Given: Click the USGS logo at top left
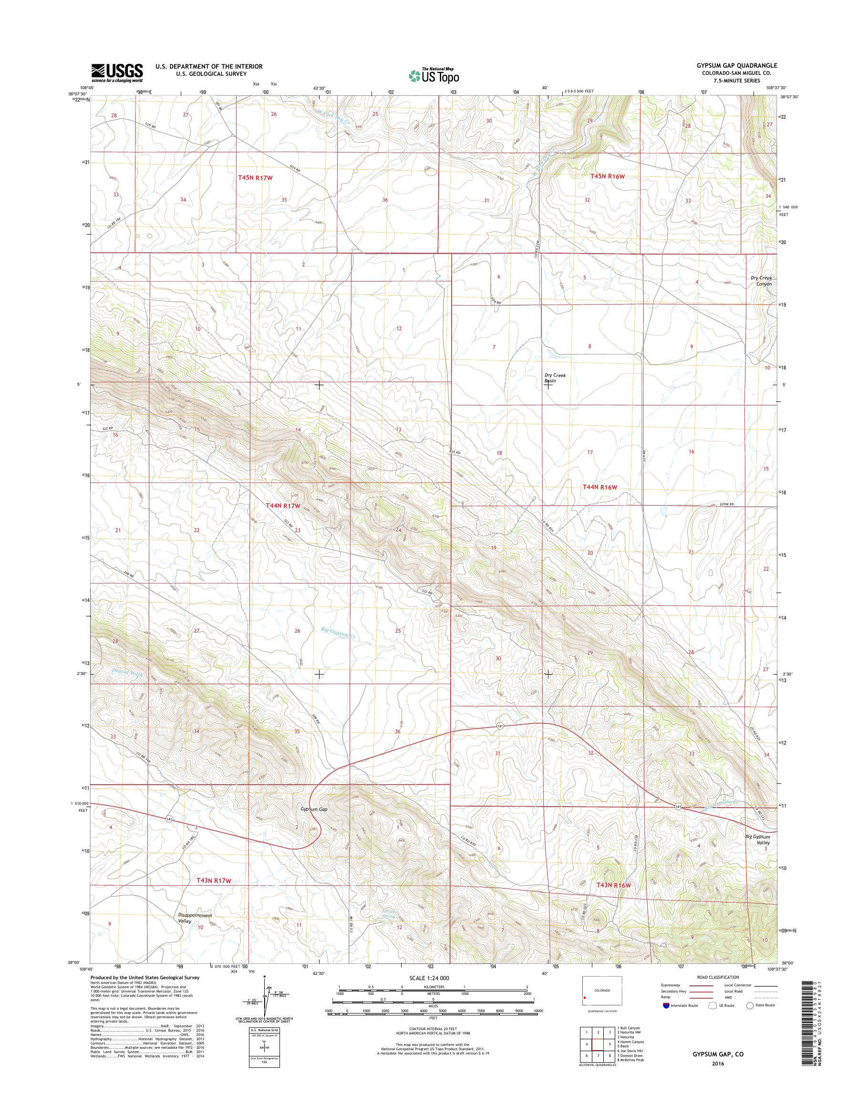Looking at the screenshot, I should click(117, 72).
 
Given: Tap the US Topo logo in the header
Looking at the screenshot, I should click(434, 75).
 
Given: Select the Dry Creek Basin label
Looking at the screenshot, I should click(555, 378).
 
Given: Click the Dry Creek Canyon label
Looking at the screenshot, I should click(761, 281).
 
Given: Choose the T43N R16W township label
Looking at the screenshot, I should click(613, 885).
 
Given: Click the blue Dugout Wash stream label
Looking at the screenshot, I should click(127, 674).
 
